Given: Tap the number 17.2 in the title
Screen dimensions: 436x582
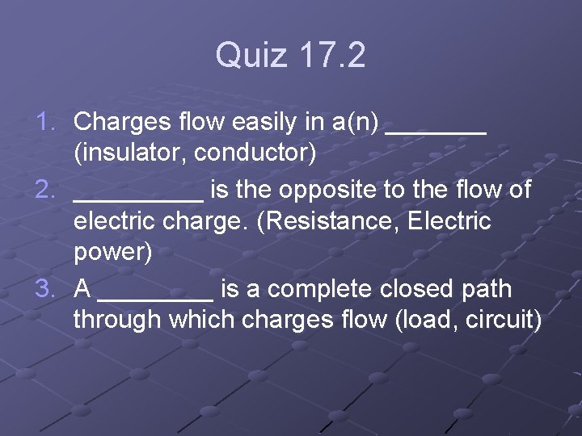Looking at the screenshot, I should pyautogui.click(x=332, y=56).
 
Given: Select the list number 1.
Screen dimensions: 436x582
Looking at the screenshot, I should pyautogui.click(x=47, y=122).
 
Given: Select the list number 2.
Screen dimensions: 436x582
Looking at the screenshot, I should pyautogui.click(x=47, y=190).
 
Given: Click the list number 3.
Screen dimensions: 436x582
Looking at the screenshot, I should pyautogui.click(x=47, y=288).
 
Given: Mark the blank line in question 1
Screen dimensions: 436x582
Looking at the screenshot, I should pyautogui.click(x=436, y=131).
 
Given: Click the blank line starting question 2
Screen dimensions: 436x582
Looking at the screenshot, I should pyautogui.click(x=138, y=199).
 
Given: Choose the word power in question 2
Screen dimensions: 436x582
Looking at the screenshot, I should pyautogui.click(x=112, y=253).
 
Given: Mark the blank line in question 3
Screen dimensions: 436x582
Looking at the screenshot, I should pyautogui.click(x=160, y=297).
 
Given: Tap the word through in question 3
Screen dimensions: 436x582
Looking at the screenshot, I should pyautogui.click(x=117, y=320).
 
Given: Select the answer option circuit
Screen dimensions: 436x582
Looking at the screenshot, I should pyautogui.click(x=504, y=320).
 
